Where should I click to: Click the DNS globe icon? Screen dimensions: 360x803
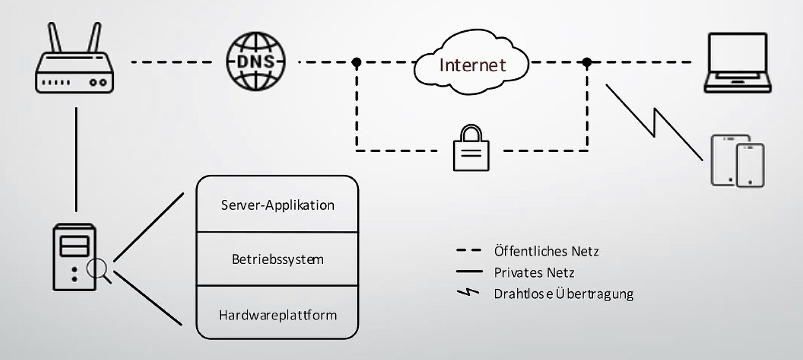[256, 61]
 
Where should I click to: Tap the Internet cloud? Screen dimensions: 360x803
[472, 64]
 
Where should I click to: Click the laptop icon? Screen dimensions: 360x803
[737, 63]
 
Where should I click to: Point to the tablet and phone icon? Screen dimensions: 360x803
[738, 161]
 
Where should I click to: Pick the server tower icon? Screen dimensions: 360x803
[74, 257]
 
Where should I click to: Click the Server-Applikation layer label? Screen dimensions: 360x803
[278, 205]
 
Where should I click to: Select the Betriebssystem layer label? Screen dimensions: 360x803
[278, 259]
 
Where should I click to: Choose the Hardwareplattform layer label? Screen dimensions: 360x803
[278, 315]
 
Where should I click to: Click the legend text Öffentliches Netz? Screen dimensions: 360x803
[546, 251]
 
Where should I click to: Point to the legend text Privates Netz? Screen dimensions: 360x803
[534, 272]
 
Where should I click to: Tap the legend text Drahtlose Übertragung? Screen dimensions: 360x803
[563, 294]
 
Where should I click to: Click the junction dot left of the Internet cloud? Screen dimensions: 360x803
[356, 62]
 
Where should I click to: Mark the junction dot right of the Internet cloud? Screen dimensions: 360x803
[587, 62]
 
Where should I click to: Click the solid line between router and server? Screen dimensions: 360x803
[76, 158]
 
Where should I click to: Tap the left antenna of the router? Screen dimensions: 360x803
[54, 38]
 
